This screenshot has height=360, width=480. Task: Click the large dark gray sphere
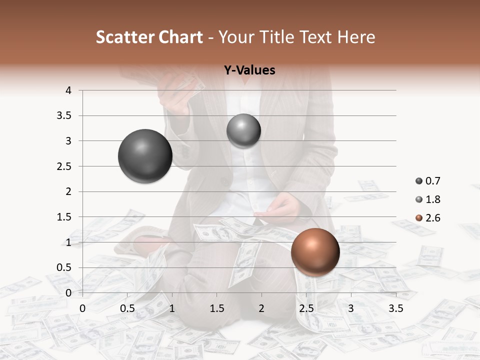145,156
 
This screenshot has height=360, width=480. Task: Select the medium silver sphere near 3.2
243,131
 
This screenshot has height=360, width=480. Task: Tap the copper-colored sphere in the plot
315,252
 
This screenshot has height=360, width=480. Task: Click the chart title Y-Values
249,70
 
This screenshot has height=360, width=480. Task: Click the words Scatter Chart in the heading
149,37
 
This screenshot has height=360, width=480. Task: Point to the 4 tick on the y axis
68,90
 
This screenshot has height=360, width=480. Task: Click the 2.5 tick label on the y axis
64,166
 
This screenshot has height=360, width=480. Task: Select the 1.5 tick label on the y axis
64,217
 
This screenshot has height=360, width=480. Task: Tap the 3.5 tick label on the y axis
64,116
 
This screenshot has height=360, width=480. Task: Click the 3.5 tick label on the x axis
395,308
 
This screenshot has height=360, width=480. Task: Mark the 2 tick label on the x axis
261,308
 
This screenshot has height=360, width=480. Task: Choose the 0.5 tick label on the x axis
127,308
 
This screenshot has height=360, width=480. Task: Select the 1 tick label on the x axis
172,308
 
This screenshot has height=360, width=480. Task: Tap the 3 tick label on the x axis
351,308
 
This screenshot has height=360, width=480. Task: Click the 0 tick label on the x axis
82,308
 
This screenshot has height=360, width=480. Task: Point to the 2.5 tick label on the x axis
306,308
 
